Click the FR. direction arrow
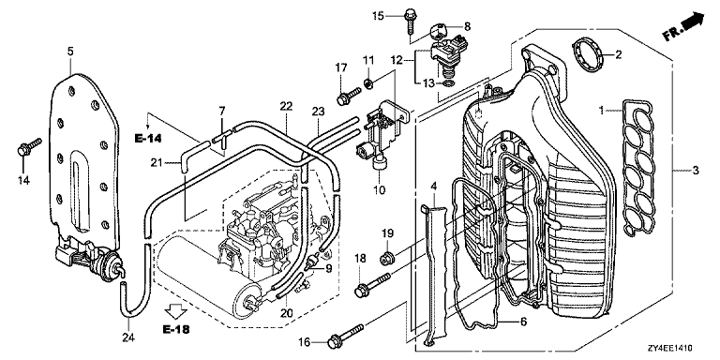[683, 27]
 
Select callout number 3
[697, 171]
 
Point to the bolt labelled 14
[29, 146]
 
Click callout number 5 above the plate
[70, 51]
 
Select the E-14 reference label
[149, 138]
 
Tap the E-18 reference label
[175, 329]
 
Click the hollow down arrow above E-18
[175, 311]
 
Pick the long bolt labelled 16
[346, 335]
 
